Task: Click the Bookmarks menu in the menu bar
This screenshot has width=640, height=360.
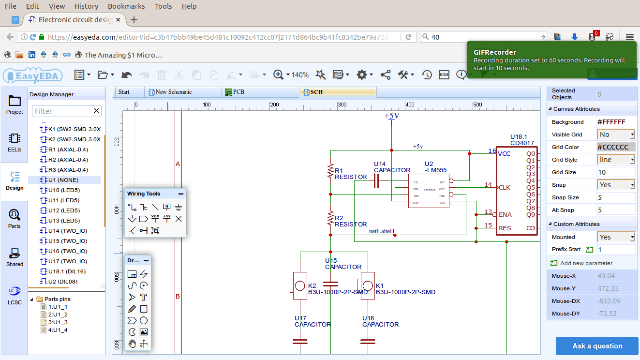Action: click(x=126, y=6)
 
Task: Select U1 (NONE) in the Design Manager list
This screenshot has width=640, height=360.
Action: click(x=63, y=180)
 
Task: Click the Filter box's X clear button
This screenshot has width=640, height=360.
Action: click(x=96, y=111)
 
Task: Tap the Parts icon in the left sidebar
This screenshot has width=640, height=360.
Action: click(x=15, y=218)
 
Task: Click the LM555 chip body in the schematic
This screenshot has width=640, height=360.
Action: click(x=429, y=191)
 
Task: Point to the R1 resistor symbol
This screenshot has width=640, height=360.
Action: click(x=330, y=171)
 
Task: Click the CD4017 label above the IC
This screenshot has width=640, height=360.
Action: click(x=522, y=143)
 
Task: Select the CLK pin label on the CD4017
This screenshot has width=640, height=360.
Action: click(x=505, y=187)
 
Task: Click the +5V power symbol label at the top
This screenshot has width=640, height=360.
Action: click(x=392, y=116)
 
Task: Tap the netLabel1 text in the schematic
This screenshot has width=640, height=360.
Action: click(x=382, y=231)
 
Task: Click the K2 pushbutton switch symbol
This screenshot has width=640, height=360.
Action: click(x=299, y=285)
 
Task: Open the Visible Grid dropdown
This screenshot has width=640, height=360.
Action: click(x=616, y=135)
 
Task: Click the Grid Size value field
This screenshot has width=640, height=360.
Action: click(x=616, y=172)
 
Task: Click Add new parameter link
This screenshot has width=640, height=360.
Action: click(x=586, y=263)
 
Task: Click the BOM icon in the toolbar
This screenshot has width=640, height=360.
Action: click(x=444, y=75)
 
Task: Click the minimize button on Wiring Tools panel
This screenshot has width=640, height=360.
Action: click(x=181, y=194)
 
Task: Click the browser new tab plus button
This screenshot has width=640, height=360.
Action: click(x=134, y=20)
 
